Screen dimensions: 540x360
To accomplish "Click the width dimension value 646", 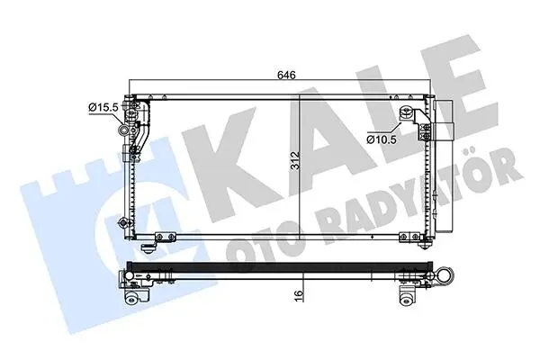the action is pyautogui.click(x=286, y=75).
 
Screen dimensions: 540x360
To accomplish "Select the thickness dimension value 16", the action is pyautogui.click(x=299, y=294).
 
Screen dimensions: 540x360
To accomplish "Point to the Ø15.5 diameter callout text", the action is pyautogui.click(x=103, y=107).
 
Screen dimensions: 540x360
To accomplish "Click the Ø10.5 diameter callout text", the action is pyautogui.click(x=382, y=139).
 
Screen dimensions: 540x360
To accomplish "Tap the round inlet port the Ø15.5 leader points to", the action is pyautogui.click(x=123, y=130).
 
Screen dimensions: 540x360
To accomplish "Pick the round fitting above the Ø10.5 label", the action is pyautogui.click(x=406, y=112).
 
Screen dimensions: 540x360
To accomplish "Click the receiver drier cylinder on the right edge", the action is pyautogui.click(x=444, y=166).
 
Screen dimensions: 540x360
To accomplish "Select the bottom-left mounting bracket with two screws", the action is pyautogui.click(x=166, y=237).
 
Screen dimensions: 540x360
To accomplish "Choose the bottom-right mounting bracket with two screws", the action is pyautogui.click(x=409, y=237).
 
